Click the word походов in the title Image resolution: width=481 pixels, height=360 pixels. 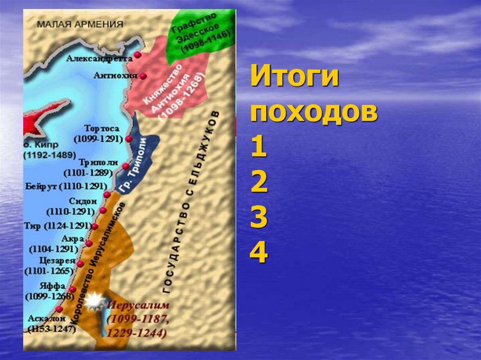314,114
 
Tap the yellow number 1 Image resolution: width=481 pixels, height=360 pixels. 259,149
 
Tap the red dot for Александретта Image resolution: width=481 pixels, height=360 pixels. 137,55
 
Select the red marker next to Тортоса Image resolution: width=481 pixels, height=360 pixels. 129,139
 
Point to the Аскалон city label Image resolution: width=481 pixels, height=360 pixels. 42,319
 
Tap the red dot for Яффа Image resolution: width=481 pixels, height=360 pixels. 72,289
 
